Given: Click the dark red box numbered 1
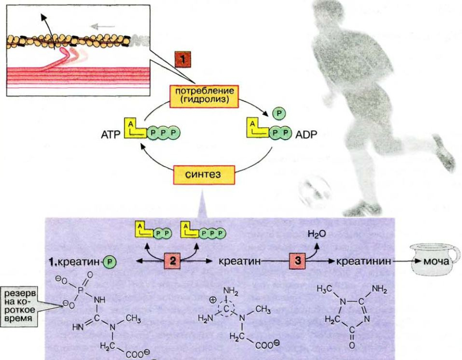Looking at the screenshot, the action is pyautogui.click(x=183, y=60).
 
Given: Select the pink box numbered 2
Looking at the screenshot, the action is pyautogui.click(x=172, y=261).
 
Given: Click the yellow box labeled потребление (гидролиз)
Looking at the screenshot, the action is pyautogui.click(x=204, y=96).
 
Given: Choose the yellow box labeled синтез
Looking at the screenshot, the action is pyautogui.click(x=204, y=175).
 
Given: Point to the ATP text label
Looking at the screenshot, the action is pyautogui.click(x=111, y=135).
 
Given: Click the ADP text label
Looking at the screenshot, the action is pyautogui.click(x=306, y=135).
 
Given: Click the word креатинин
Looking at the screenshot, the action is pyautogui.click(x=364, y=261).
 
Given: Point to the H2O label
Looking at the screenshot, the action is pyautogui.click(x=317, y=234).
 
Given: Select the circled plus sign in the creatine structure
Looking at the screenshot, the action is pyautogui.click(x=213, y=300).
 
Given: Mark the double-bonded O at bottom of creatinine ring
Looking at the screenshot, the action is pyautogui.click(x=352, y=345).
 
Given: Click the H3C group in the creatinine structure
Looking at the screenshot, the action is pyautogui.click(x=325, y=289).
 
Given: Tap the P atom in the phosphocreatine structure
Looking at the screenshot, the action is pyautogui.click(x=80, y=291).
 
